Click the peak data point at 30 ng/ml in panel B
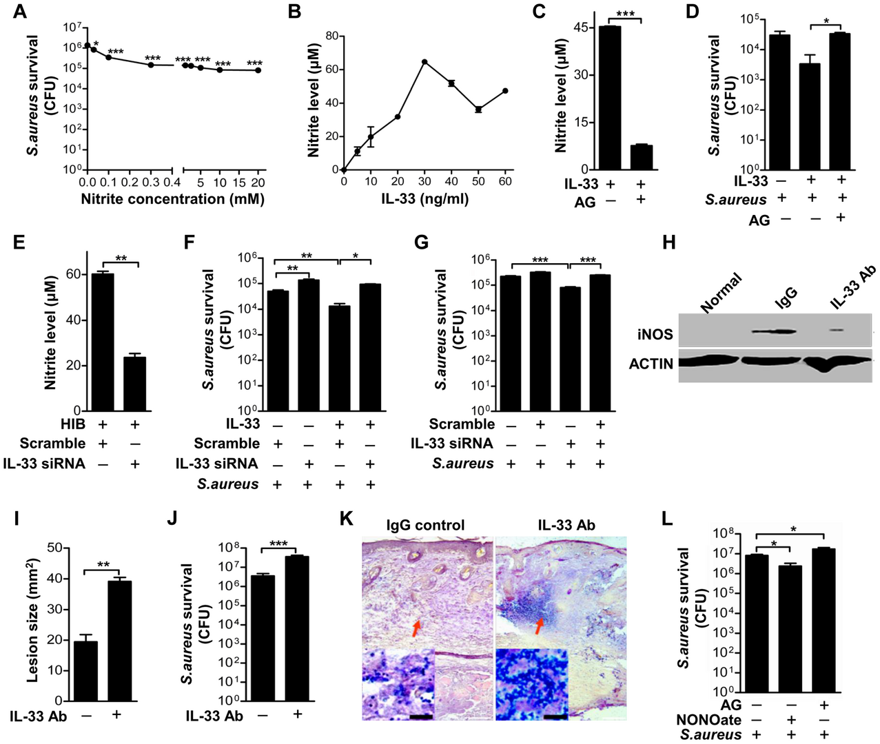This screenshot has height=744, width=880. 424,62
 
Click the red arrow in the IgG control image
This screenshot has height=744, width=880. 416,627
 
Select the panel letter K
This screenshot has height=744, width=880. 348,519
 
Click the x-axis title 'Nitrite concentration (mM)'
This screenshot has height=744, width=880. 172,199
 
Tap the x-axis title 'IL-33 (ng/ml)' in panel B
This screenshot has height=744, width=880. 424,199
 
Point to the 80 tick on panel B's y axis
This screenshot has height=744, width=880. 331,36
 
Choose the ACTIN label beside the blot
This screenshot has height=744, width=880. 651,363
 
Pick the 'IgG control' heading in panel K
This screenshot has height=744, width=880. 425,525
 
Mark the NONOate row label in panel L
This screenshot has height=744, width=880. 708,720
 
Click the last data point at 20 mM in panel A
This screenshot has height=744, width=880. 258,70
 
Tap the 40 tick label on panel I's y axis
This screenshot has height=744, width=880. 54,579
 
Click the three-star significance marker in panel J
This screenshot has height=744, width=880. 278,544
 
